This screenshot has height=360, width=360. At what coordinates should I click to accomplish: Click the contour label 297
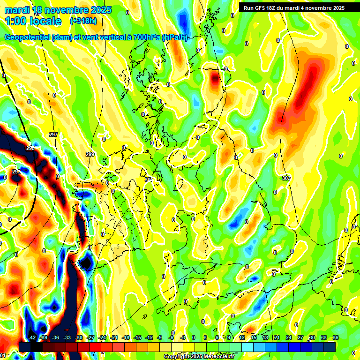tap(53, 135)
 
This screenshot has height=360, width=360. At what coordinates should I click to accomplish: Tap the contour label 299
tap(90, 154)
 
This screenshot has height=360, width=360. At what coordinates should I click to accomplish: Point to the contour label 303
tap(286, 178)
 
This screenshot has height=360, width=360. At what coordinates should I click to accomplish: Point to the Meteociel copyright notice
tap(199, 357)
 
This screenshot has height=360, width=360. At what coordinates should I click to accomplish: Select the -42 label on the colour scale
tap(32, 337)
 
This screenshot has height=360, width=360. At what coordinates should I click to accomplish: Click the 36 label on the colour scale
tap(335, 337)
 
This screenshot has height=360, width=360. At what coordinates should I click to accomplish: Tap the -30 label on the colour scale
tap(79, 337)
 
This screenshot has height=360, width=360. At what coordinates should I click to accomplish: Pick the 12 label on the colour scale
tap(241, 337)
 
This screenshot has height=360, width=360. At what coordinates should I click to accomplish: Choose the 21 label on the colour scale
tap(277, 337)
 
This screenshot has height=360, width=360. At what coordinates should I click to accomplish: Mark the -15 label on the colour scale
tap(137, 337)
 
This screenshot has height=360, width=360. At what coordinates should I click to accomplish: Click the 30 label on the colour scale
tap(312, 337)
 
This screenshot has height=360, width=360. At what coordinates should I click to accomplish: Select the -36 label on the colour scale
tap(55, 337)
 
